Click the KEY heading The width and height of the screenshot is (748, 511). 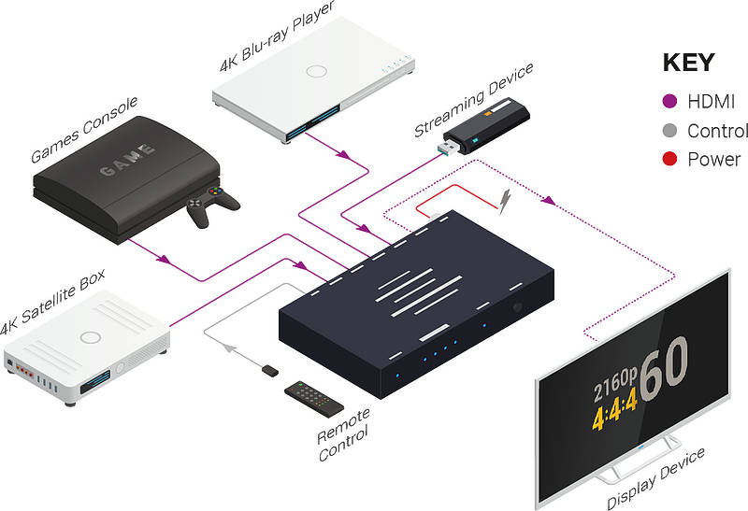click(688, 63)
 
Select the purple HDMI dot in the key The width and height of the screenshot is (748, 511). click(669, 101)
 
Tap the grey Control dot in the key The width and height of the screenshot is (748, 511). click(669, 131)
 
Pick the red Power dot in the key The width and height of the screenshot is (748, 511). click(669, 159)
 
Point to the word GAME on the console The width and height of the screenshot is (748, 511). click(127, 159)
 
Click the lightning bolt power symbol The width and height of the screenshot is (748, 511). click(505, 201)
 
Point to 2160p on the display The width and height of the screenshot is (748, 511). click(615, 384)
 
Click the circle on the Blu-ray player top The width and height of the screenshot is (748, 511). click(316, 72)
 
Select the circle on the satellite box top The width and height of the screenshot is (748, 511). click(90, 337)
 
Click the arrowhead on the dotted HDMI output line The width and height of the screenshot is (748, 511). click(549, 200)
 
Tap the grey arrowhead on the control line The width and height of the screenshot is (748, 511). click(230, 348)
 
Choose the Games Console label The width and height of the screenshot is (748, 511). click(84, 129)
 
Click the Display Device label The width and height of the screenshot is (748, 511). click(655, 478)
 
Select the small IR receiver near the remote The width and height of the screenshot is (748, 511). click(270, 370)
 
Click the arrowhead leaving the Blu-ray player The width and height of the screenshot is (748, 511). click(343, 154)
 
